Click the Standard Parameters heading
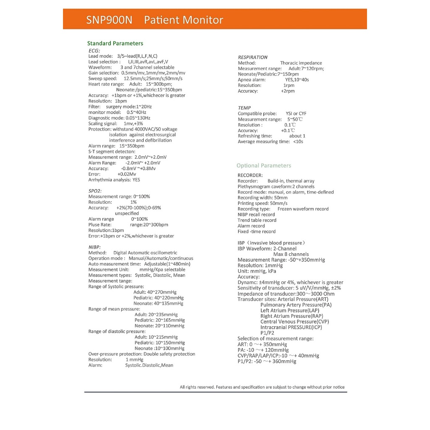[115, 43]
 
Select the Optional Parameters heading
[264, 165]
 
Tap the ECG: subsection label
[94, 50]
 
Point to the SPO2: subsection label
[95, 191]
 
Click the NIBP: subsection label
[94, 247]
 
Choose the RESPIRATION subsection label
[252, 57]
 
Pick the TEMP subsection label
[244, 108]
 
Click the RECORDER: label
[250, 175]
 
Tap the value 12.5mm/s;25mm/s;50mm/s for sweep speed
[153, 79]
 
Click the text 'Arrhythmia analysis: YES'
[114, 180]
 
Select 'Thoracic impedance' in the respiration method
[301, 63]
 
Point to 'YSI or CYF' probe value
[296, 113]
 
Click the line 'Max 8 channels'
[291, 254]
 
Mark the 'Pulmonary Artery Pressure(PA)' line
[296, 305]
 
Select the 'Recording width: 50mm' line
[262, 198]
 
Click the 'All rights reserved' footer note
[262, 387]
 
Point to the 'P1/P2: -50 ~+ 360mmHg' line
[267, 361]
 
